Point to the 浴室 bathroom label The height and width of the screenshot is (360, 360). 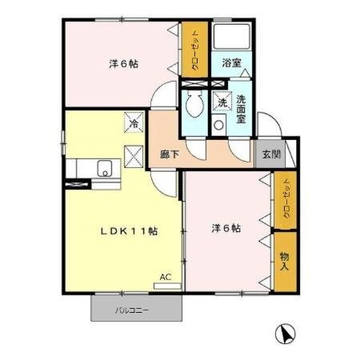coord(232,62)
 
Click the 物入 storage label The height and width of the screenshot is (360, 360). coord(284,260)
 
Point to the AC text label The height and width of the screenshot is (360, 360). coord(165,277)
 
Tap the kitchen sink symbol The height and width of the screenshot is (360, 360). coord(103,170)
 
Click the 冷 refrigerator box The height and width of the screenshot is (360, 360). coord(134,123)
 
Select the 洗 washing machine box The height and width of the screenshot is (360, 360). coord(220,102)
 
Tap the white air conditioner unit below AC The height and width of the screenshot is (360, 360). coord(165,284)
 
